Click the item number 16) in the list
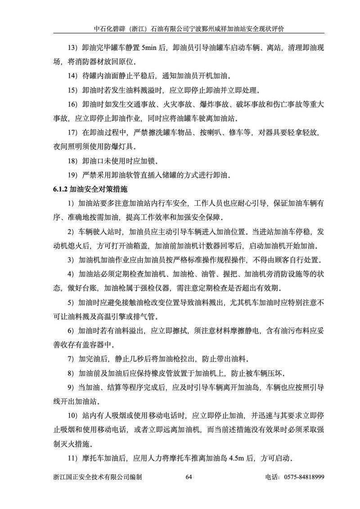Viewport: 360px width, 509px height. click(x=73, y=104)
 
